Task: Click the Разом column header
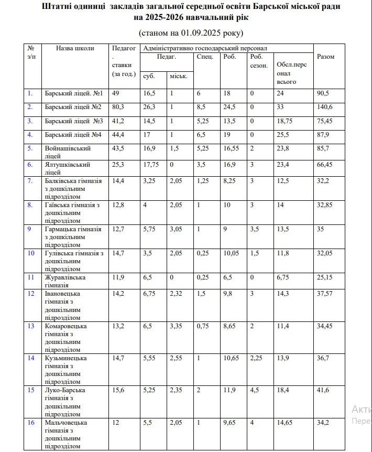pos(325,57)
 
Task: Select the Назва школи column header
pos(75,48)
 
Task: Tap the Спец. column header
pos(205,57)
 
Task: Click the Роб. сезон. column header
pos(259,61)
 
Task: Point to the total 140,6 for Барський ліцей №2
pos(327,107)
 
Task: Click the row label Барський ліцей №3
pos(74,121)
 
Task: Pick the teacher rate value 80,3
pos(119,107)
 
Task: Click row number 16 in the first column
pos(31,423)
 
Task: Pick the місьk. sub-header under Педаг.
pos(178,77)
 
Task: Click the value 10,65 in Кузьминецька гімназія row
pos(231,358)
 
